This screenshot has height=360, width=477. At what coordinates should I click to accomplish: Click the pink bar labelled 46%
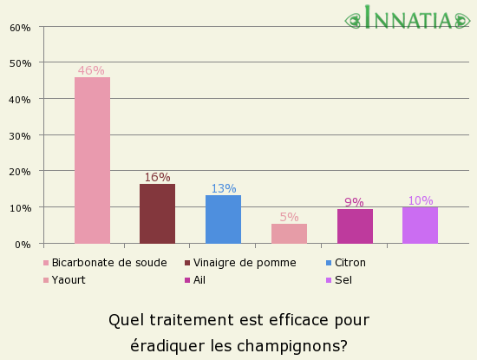click(92, 160)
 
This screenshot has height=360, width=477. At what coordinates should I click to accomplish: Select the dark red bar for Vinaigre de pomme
click(157, 214)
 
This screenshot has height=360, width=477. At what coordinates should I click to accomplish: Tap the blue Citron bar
click(223, 219)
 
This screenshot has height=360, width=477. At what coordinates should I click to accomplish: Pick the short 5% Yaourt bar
click(289, 233)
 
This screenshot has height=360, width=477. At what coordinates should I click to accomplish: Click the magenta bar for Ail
click(355, 226)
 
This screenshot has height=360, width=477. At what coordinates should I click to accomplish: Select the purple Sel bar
click(420, 225)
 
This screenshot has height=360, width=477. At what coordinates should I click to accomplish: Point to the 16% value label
click(157, 177)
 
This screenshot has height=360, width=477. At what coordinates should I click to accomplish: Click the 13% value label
click(223, 188)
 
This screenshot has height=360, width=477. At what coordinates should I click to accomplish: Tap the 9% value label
click(354, 202)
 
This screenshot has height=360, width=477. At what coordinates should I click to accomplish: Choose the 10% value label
click(420, 200)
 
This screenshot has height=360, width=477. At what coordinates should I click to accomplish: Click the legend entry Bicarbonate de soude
click(108, 263)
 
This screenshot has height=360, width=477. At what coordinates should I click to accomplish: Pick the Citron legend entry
click(350, 263)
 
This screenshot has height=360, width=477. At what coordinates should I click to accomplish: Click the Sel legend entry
click(343, 280)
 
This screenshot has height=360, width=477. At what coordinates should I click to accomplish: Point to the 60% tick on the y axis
click(20, 28)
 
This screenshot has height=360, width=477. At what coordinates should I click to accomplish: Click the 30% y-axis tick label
click(20, 136)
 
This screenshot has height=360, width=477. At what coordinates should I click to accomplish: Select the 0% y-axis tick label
click(23, 245)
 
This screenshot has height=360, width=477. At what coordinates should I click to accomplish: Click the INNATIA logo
click(409, 18)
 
